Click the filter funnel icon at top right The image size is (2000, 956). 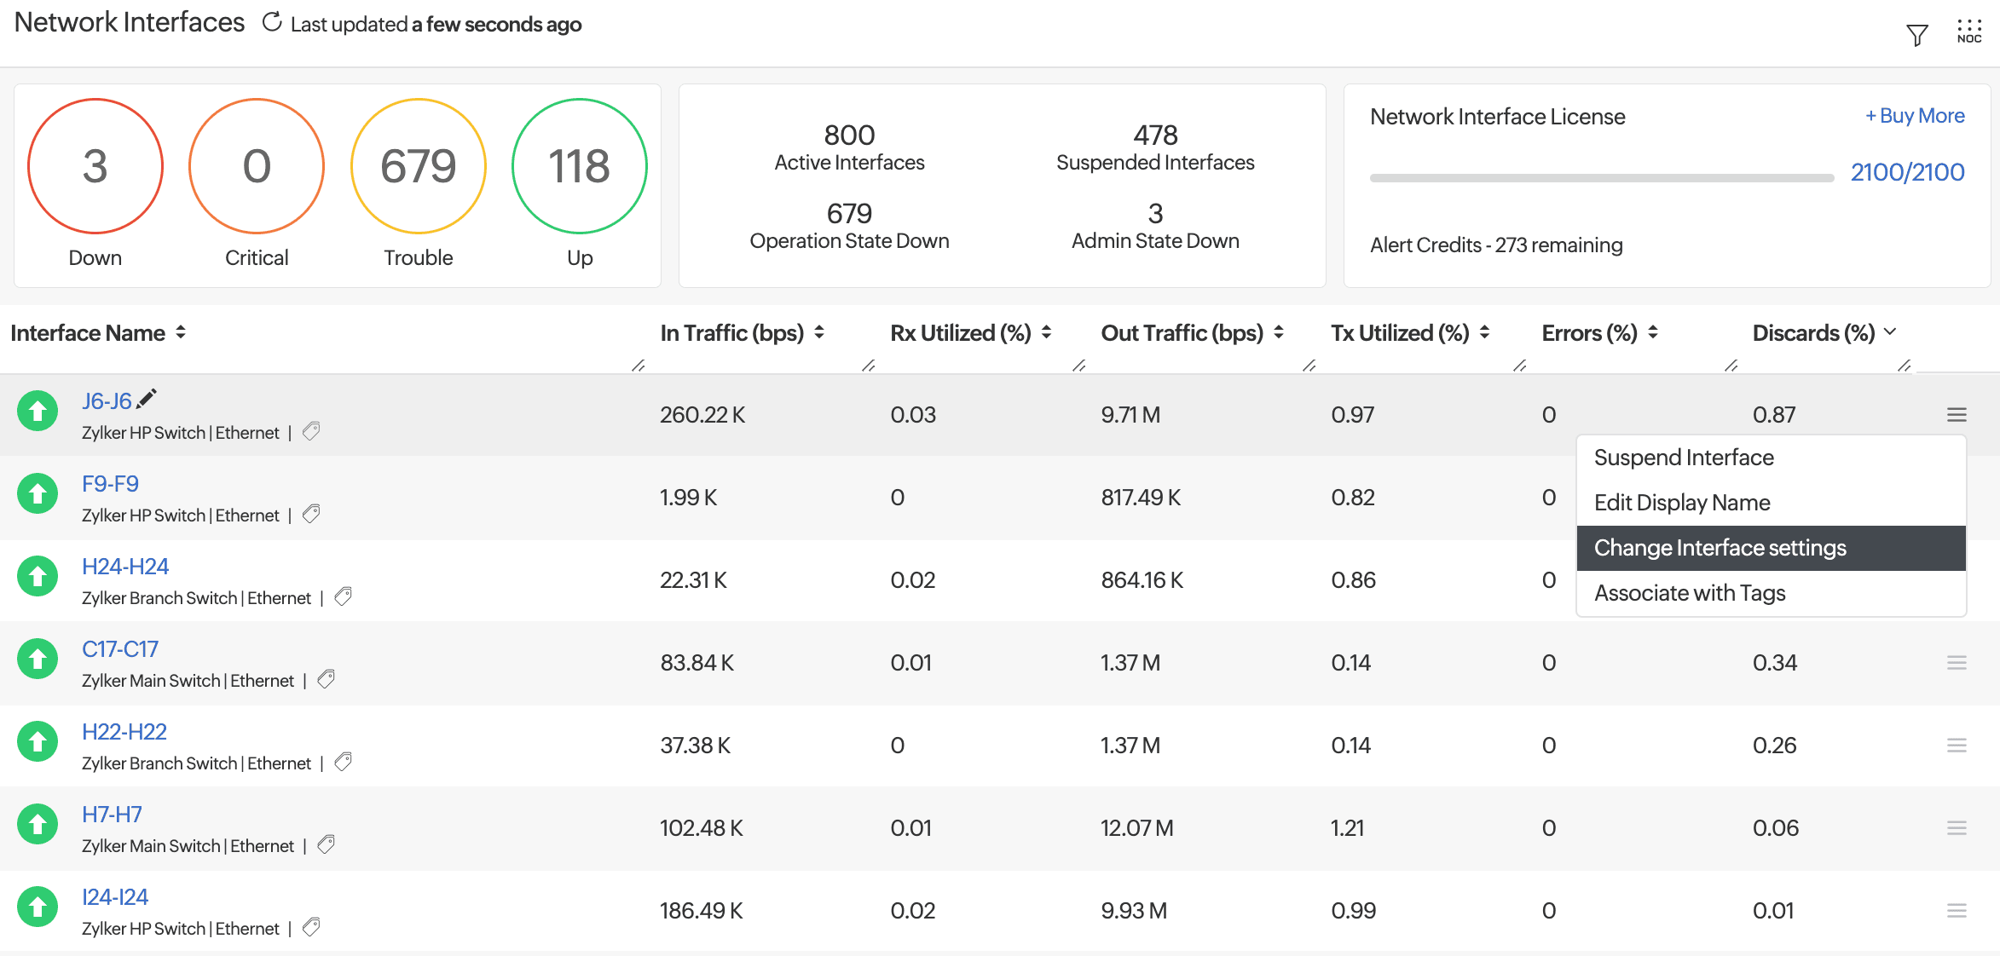[1916, 35]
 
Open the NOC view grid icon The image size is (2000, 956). [1969, 32]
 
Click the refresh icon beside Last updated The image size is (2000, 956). [272, 23]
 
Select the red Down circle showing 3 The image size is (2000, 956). [95, 166]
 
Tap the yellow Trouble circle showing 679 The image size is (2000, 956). [418, 166]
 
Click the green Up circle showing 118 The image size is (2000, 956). [580, 166]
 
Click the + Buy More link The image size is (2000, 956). [1915, 116]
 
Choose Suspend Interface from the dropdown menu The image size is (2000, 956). [1684, 458]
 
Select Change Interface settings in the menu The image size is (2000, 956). [1720, 548]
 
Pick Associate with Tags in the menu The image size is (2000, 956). [1690, 593]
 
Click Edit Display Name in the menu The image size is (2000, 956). [1682, 503]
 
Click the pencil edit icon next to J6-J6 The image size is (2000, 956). [147, 398]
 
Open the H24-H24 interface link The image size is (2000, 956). [125, 567]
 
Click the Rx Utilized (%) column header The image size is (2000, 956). [961, 333]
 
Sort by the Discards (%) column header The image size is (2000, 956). [1813, 333]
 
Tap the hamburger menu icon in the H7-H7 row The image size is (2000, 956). [1957, 828]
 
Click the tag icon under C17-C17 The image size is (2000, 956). [326, 679]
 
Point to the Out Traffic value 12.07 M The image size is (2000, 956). [1136, 828]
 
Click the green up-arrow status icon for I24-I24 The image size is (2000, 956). [38, 907]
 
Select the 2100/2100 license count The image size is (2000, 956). [1907, 172]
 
